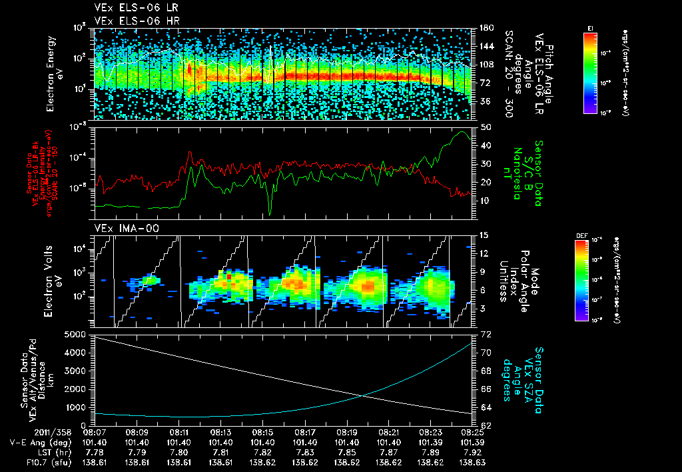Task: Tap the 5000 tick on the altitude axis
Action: pos(77,333)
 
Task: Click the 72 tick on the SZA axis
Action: pos(485,333)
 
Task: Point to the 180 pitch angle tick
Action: pos(486,28)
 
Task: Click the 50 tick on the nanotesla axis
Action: pos(485,127)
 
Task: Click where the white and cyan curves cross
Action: pos(364,396)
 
